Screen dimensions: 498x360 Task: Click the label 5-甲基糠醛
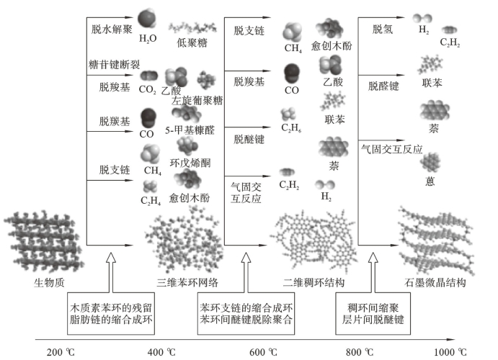pyautogui.click(x=190, y=131)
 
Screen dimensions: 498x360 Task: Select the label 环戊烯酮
pyautogui.click(x=190, y=163)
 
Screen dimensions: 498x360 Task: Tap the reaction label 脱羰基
pyautogui.click(x=114, y=120)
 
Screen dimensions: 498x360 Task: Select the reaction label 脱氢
pyautogui.click(x=383, y=29)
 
